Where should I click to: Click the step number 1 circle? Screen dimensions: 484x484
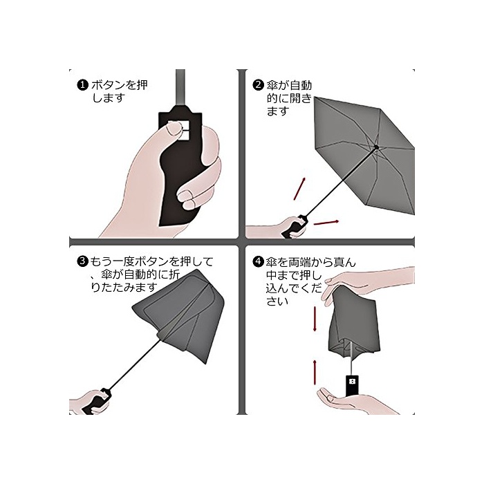pyautogui.click(x=82, y=85)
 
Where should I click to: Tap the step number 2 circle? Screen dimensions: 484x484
pyautogui.click(x=258, y=84)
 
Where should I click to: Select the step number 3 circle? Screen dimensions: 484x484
pyautogui.click(x=82, y=261)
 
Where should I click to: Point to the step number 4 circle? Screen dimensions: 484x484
pyautogui.click(x=258, y=262)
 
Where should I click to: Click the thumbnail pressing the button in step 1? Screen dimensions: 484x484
pyautogui.click(x=174, y=129)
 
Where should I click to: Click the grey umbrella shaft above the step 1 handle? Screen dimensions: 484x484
pyautogui.click(x=180, y=88)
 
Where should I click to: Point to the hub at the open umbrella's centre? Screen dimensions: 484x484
pyautogui.click(x=376, y=147)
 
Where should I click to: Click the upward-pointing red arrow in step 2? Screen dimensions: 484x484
pyautogui.click(x=299, y=189)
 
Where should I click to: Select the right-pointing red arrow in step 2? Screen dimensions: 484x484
pyautogui.click(x=326, y=222)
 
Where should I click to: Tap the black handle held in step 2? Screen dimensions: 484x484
pyautogui.click(x=295, y=226)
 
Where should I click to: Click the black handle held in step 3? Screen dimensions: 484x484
pyautogui.click(x=97, y=401)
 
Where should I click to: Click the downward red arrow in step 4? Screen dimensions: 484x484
pyautogui.click(x=315, y=319)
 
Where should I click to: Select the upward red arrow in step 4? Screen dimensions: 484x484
pyautogui.click(x=315, y=372)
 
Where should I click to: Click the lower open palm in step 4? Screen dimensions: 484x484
pyautogui.click(x=355, y=401)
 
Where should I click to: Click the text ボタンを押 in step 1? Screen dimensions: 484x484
pyautogui.click(x=119, y=85)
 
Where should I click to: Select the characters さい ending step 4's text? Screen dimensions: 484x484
pyautogui.click(x=277, y=301)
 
